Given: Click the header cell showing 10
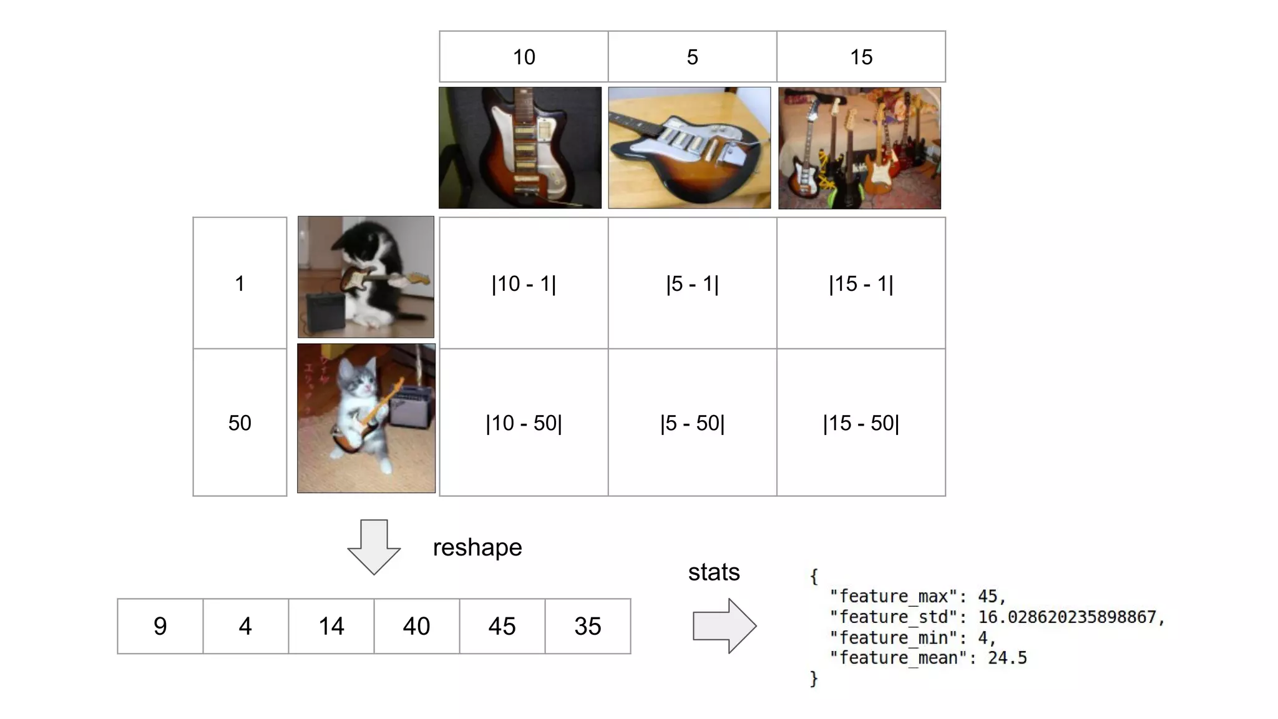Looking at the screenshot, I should point(524,57).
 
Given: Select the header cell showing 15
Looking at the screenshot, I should point(861,57).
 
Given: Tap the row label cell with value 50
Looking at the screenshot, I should point(240,423).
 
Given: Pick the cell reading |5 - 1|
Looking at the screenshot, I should point(692,283).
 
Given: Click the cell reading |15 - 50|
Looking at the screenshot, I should point(861,423).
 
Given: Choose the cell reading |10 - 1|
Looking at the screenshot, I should point(524,283).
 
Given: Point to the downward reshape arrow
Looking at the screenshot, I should point(374,547).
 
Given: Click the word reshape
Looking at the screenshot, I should point(477,547).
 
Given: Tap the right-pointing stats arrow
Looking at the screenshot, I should point(724,626).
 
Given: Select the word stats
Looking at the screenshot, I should point(714,572).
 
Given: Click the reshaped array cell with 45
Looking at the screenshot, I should point(502,626).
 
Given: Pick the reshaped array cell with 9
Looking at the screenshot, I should point(160,626).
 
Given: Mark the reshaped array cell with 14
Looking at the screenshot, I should point(331,626).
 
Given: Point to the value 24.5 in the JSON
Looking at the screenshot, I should point(1007,658).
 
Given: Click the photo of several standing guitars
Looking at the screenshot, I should point(859,148).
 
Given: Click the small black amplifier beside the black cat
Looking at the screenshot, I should point(324,310).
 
